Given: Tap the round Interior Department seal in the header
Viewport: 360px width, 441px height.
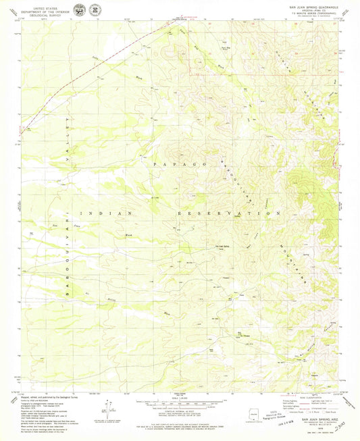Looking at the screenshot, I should point(80,9).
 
